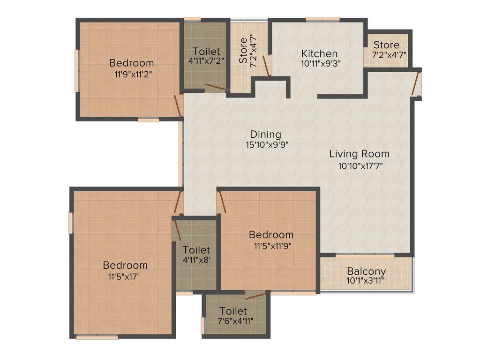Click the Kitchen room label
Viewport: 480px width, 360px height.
click(319, 53)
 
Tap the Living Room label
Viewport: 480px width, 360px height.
click(359, 154)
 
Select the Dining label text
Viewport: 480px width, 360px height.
click(265, 135)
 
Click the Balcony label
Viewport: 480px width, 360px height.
click(367, 271)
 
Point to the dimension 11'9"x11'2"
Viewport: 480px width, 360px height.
click(133, 74)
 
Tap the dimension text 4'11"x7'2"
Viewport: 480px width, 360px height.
click(206, 60)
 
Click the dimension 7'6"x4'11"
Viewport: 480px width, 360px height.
click(233, 321)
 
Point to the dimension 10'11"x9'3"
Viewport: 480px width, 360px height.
click(321, 63)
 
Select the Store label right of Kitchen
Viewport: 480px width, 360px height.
click(387, 45)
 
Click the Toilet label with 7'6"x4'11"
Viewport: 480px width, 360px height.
click(233, 311)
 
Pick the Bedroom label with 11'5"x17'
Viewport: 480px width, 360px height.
click(125, 265)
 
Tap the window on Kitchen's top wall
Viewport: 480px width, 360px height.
click(322, 19)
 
